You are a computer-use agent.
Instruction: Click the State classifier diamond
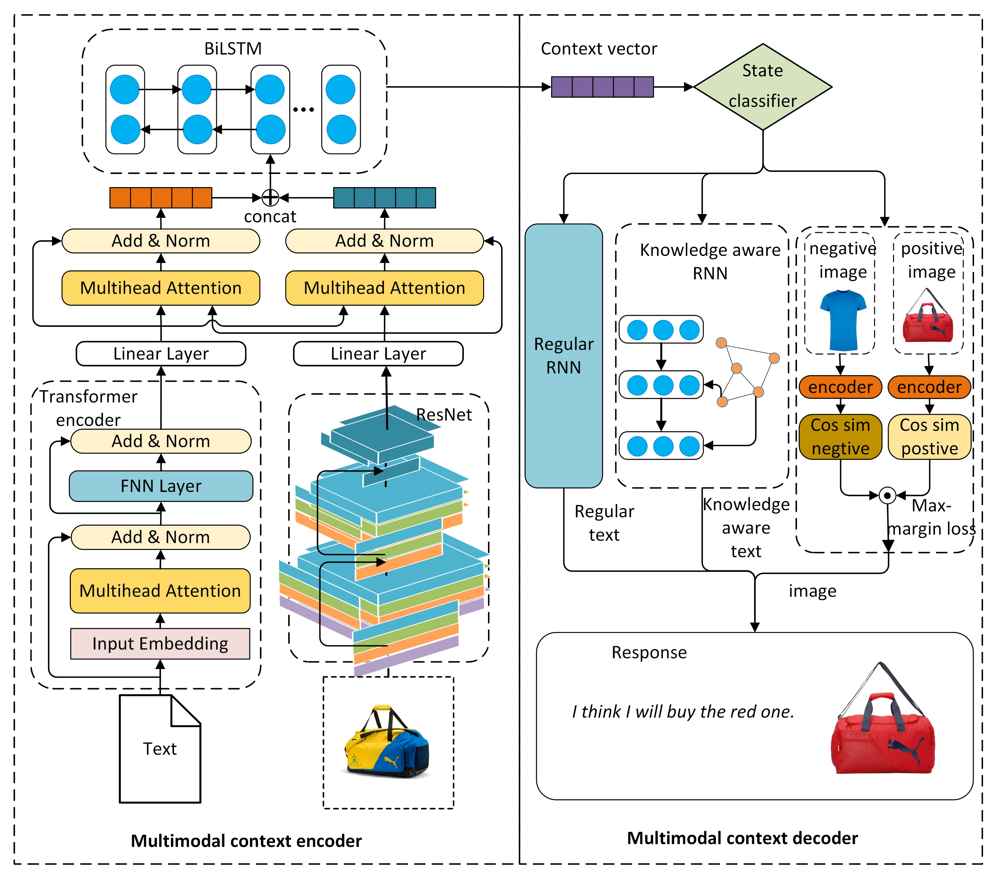762,87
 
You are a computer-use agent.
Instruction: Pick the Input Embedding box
160,643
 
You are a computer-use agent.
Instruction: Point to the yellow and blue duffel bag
387,742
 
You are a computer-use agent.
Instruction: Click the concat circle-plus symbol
270,198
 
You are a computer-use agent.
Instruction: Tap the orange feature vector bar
161,198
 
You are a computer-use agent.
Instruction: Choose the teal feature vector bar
384,198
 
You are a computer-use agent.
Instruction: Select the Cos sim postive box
929,437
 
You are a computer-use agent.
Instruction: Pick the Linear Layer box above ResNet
378,353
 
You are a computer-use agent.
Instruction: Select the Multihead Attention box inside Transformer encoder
160,591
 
